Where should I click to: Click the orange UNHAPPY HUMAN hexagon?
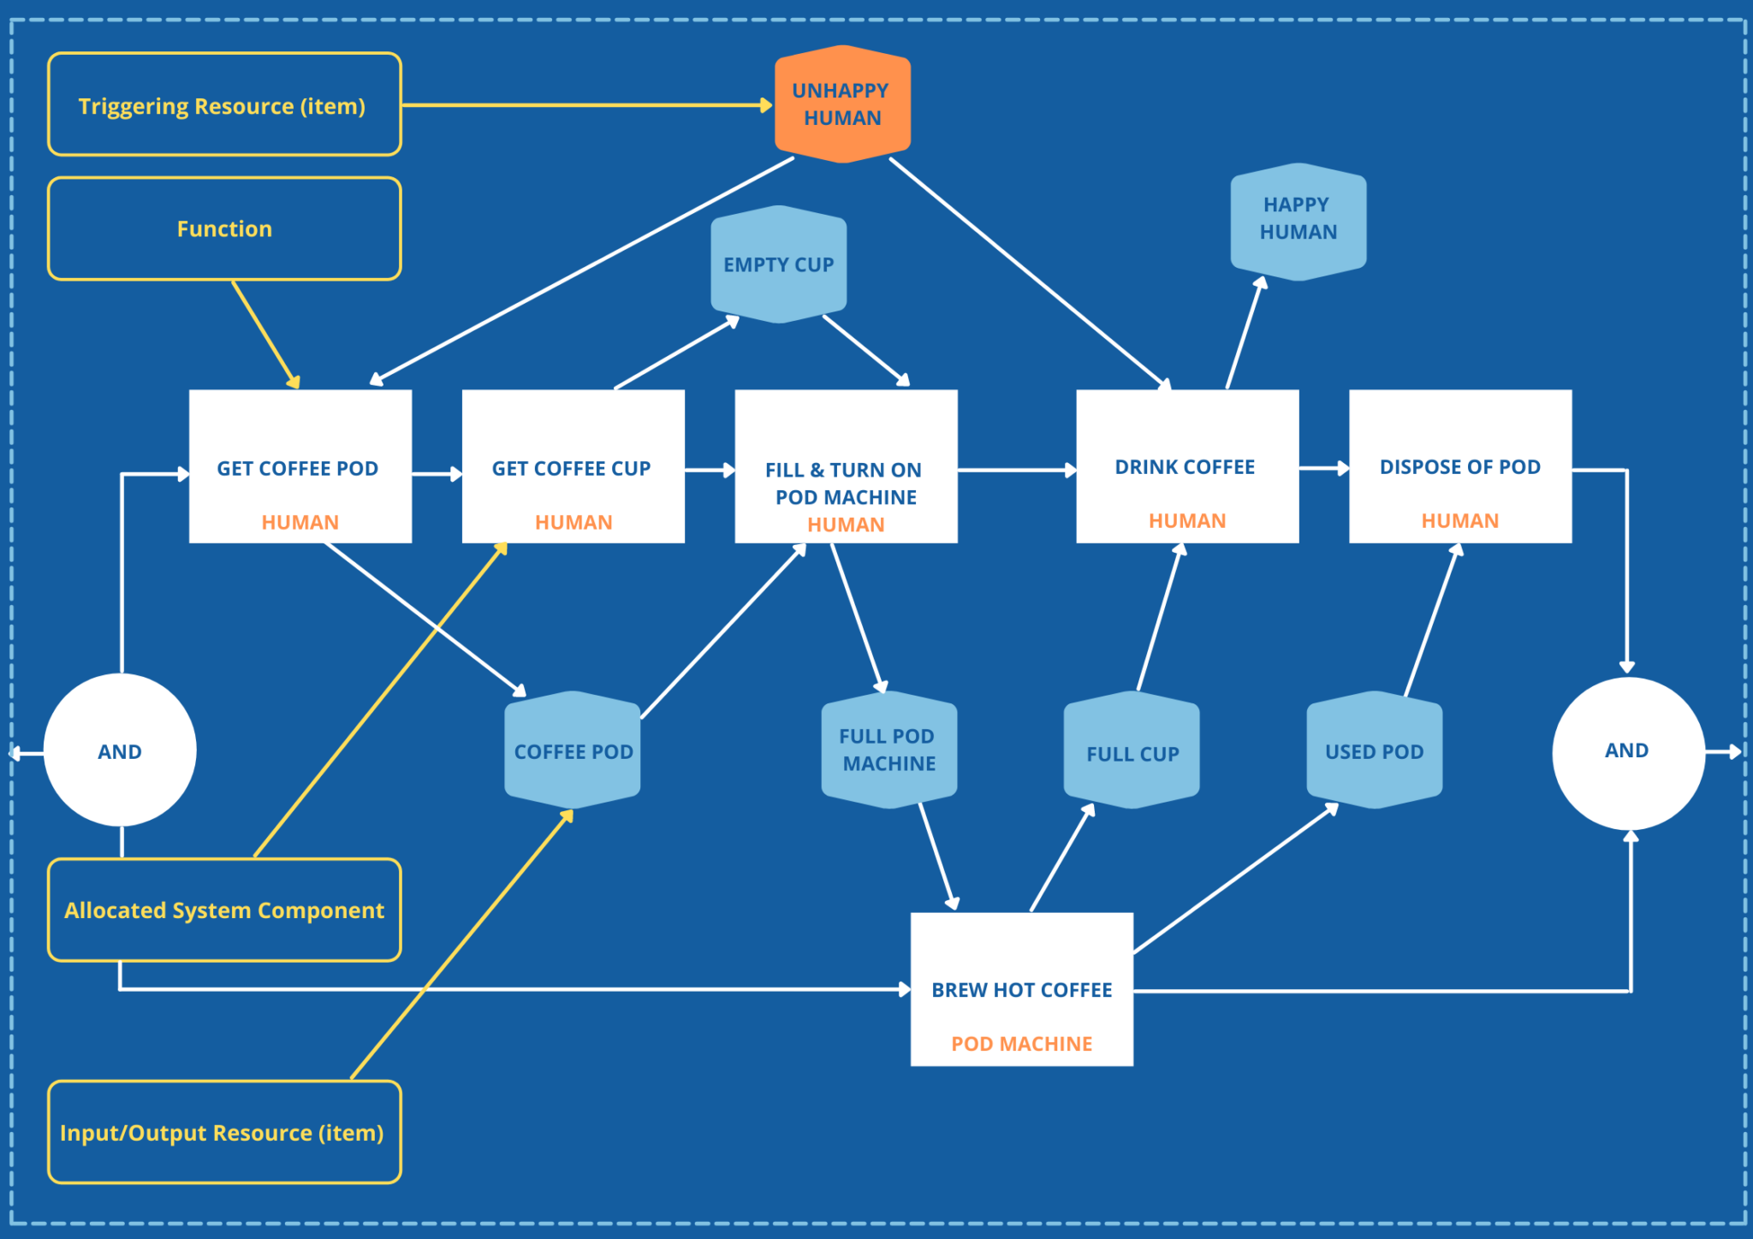point(842,104)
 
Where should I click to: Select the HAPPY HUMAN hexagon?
point(1298,221)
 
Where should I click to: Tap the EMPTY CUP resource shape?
point(778,264)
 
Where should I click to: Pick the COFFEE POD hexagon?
point(573,751)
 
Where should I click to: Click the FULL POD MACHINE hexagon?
point(888,750)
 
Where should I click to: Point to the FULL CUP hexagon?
point(1132,751)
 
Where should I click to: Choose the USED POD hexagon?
point(1374,750)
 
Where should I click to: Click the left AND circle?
point(120,750)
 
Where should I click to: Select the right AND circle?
point(1627,751)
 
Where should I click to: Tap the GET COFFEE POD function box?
point(300,466)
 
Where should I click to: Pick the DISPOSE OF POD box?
point(1459,466)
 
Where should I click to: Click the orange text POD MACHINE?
point(1021,1044)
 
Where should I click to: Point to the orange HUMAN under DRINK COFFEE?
point(1186,521)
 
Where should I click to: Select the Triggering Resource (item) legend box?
point(224,105)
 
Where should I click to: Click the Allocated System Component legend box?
point(224,910)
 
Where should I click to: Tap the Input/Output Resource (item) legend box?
point(224,1132)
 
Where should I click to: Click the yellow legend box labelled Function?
point(224,228)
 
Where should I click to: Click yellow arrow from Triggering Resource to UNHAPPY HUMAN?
point(582,105)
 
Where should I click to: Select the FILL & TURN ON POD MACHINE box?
point(845,466)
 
